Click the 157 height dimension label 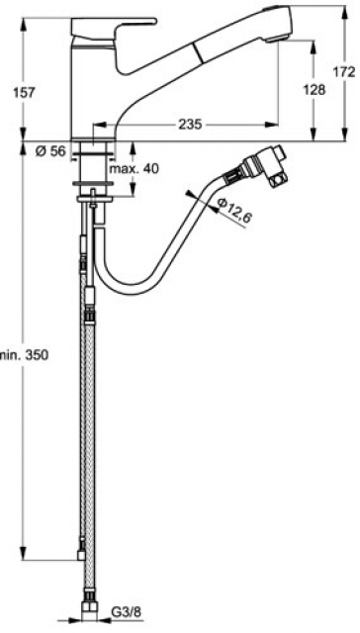click(24, 92)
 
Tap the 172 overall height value click(344, 71)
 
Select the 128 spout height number click(314, 90)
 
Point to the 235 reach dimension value click(190, 125)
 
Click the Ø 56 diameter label click(50, 151)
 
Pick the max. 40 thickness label click(135, 168)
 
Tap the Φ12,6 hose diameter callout click(234, 211)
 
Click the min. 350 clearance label click(24, 355)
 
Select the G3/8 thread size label click(126, 613)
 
